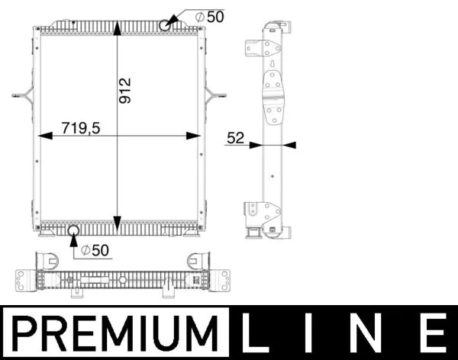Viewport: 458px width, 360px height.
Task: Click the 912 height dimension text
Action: click(126, 91)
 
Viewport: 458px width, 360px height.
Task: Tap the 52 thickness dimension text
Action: click(234, 138)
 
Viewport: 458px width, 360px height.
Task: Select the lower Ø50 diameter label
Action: click(97, 249)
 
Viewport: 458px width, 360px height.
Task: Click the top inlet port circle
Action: click(167, 25)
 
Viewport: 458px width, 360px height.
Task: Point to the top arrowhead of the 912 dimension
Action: click(116, 28)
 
